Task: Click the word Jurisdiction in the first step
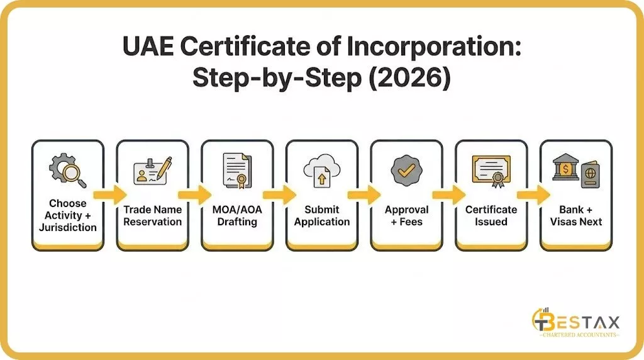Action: pos(67,227)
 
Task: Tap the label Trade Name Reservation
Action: pos(152,215)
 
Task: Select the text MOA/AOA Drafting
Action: pos(237,215)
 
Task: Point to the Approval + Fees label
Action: pos(406,215)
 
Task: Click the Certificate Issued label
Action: pos(491,215)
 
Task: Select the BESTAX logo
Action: pos(575,325)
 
